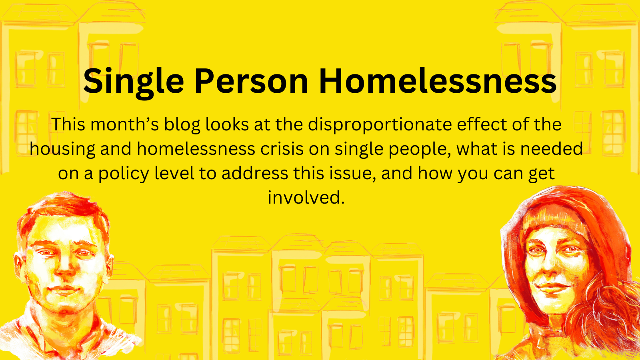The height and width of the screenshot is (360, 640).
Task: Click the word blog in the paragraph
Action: coord(182,125)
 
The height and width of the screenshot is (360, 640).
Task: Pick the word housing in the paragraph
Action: coord(62,150)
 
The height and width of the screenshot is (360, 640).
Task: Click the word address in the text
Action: coord(255,173)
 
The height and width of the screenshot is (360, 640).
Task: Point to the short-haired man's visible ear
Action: coord(19,264)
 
